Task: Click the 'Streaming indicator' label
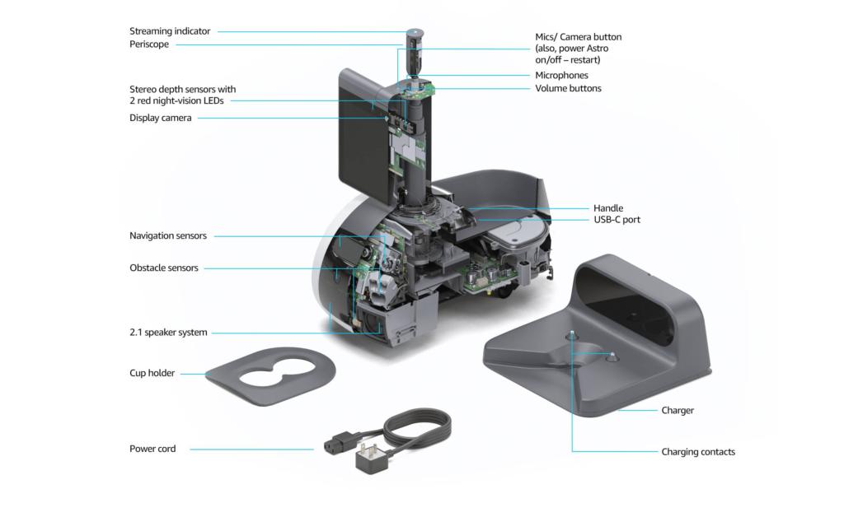(170, 31)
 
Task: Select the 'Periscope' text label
(149, 44)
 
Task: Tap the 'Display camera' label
(160, 118)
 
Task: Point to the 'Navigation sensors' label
(168, 236)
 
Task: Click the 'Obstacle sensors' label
(164, 268)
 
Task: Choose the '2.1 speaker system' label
(168, 333)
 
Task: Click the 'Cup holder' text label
(152, 373)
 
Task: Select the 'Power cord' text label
(152, 449)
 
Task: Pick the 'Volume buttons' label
(568, 88)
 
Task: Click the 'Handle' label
(608, 208)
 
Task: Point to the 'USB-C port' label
(617, 220)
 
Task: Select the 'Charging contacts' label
(698, 451)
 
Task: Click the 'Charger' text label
(678, 410)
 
